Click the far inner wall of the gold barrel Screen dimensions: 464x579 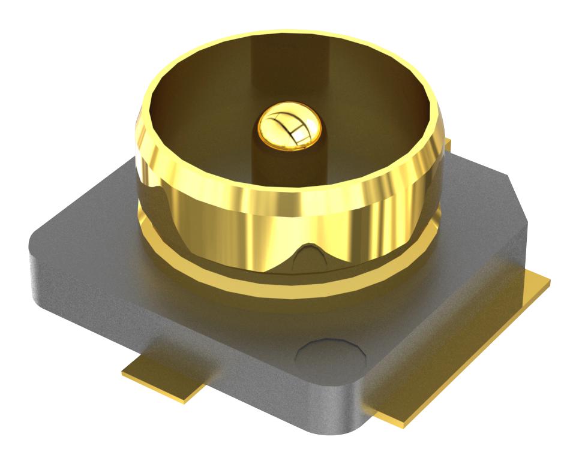click(288, 66)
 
